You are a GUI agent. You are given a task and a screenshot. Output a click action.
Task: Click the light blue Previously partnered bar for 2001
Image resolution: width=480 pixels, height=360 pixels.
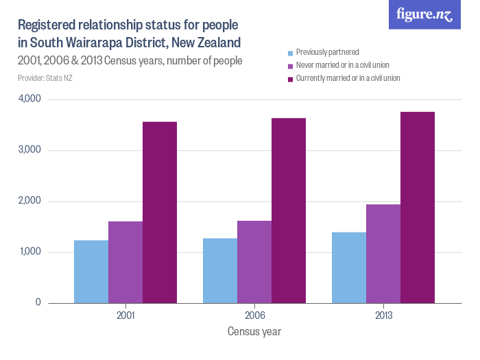(91, 272)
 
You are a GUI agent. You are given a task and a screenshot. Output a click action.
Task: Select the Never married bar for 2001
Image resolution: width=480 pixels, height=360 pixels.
(125, 262)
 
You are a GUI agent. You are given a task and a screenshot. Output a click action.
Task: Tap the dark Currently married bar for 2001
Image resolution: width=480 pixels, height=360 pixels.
(160, 213)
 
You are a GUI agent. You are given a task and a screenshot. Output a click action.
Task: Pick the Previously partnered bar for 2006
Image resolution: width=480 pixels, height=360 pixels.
(220, 271)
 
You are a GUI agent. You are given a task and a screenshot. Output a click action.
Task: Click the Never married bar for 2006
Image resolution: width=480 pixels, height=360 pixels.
(254, 262)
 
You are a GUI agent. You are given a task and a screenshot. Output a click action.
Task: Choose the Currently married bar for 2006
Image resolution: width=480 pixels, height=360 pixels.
(289, 211)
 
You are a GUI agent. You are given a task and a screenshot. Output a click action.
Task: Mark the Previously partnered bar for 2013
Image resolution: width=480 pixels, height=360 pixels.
(349, 267)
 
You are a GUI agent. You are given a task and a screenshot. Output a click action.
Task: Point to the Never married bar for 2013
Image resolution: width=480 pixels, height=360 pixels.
(383, 254)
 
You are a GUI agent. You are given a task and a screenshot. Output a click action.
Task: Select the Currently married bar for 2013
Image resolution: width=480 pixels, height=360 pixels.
(418, 207)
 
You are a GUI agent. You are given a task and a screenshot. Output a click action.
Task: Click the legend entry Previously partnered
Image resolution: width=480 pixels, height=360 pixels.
(327, 52)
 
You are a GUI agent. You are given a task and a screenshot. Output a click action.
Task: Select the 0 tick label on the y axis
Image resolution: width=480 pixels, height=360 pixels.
(38, 302)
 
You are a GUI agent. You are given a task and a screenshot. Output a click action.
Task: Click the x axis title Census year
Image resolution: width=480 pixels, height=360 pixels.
(254, 331)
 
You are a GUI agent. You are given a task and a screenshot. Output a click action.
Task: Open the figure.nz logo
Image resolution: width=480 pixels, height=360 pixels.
(424, 14)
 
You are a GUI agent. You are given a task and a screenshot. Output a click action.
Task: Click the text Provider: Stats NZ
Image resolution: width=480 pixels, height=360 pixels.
(45, 77)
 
